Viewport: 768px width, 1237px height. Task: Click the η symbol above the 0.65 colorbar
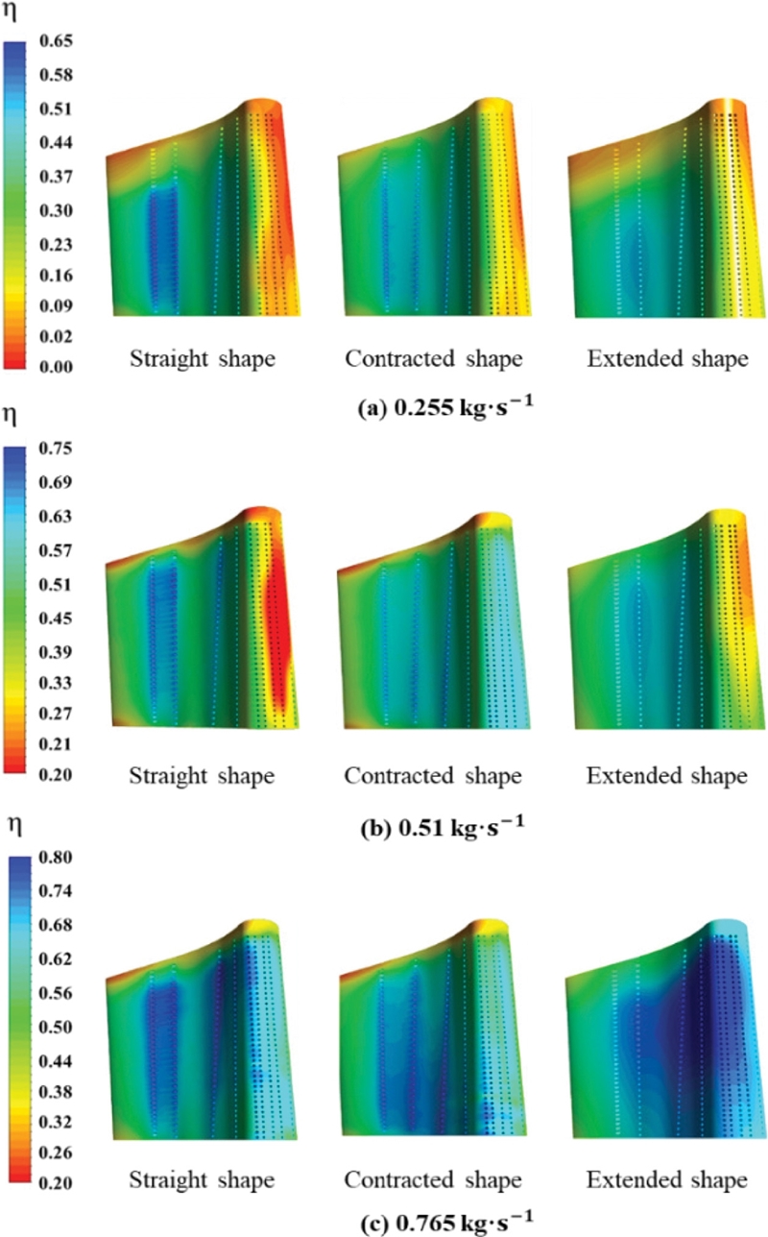click(12, 13)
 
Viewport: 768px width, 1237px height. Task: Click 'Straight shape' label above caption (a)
click(203, 360)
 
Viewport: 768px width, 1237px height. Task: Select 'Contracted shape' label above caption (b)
click(434, 775)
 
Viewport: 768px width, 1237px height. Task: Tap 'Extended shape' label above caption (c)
click(667, 1178)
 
